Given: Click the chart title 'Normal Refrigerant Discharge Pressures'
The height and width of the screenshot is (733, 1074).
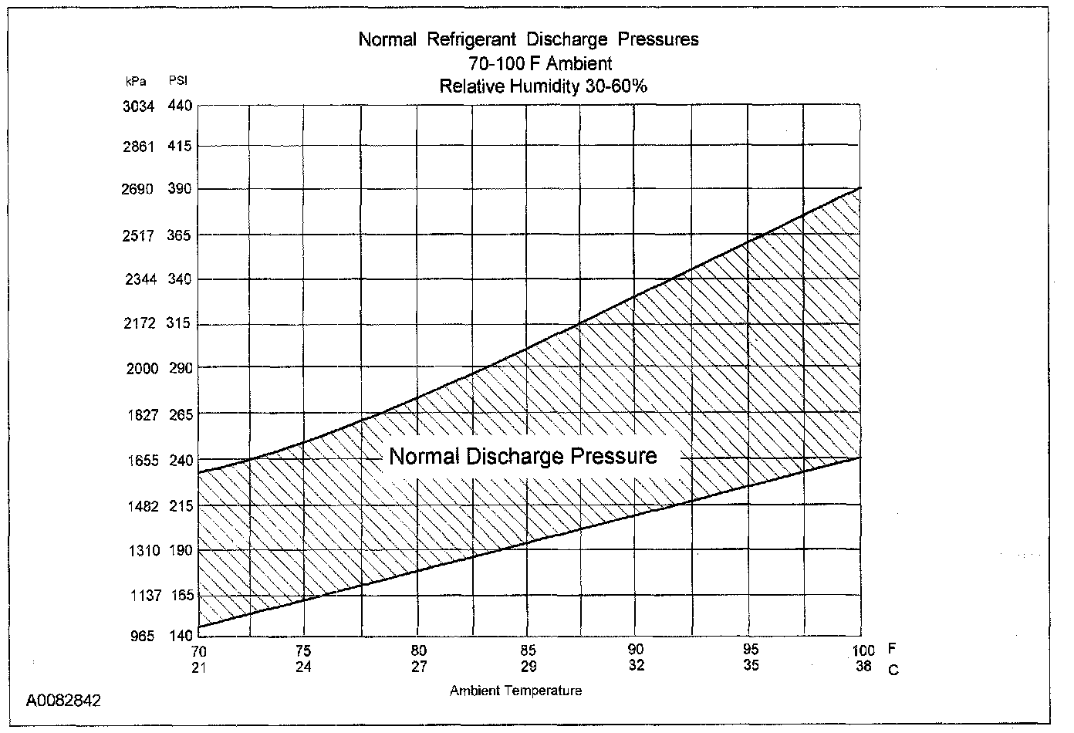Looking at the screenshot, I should pos(529,39).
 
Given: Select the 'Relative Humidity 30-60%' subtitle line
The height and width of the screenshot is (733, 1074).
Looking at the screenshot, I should pos(543,86).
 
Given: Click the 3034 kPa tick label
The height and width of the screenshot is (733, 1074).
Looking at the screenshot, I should pos(139,106).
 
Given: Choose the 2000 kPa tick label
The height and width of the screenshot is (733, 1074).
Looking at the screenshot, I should pos(142,369).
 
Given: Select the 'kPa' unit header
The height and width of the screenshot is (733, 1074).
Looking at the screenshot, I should pos(136,81).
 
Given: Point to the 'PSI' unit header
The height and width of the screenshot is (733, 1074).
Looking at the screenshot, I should pos(177,81).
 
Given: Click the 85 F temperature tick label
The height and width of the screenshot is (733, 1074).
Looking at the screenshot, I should pos(529,650).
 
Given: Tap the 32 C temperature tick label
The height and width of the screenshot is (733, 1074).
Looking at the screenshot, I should pos(636,665).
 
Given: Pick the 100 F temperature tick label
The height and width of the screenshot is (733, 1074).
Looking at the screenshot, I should pos(863,650).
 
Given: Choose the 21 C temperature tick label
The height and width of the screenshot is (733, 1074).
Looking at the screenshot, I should pos(199,666).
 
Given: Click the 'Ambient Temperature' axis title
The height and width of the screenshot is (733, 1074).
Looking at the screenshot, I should pos(515,691).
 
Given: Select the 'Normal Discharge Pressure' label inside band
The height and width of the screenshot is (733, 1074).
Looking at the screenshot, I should pos(523,456).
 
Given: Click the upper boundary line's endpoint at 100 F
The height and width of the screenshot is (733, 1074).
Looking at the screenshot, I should pos(860,187).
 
